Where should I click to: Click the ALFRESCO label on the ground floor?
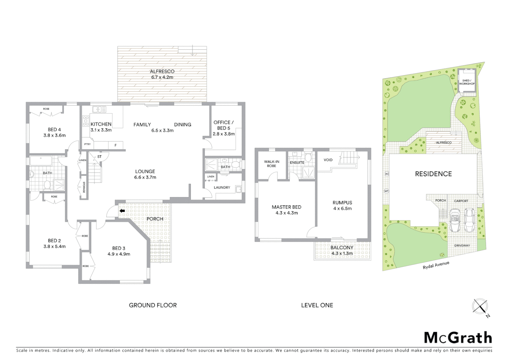pyautogui.click(x=162, y=71)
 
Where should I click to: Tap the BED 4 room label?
pyautogui.click(x=54, y=130)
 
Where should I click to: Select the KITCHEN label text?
pyautogui.click(x=101, y=124)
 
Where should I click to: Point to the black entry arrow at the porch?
pyautogui.click(x=122, y=211)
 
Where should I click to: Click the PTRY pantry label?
pyautogui.click(x=87, y=144)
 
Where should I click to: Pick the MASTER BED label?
pyautogui.click(x=286, y=207)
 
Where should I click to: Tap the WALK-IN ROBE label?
pyautogui.click(x=271, y=164)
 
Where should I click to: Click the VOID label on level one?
pyautogui.click(x=328, y=160)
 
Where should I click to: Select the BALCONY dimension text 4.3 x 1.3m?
pyautogui.click(x=342, y=253)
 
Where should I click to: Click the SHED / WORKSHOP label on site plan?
pyautogui.click(x=466, y=82)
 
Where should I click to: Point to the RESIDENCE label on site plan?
pyautogui.click(x=433, y=174)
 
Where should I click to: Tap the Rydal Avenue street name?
pyautogui.click(x=436, y=265)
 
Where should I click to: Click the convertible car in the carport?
pyautogui.click(x=455, y=221)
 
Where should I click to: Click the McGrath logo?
pyautogui.click(x=458, y=338)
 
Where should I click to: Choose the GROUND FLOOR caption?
pyautogui.click(x=153, y=305)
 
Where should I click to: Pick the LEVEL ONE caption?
pyautogui.click(x=317, y=305)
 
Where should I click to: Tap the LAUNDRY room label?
pyautogui.click(x=222, y=188)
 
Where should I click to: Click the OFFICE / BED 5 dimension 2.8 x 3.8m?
pyautogui.click(x=224, y=134)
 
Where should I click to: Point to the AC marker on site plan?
pyautogui.click(x=387, y=174)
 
